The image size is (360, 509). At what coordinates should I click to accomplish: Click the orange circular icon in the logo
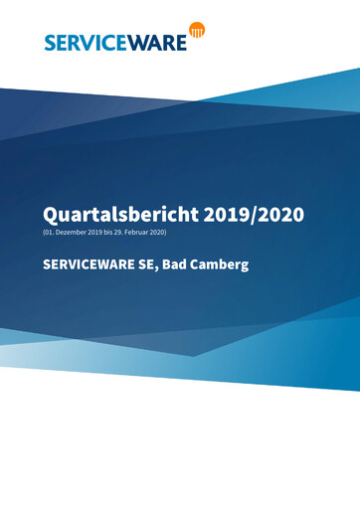[x=198, y=31]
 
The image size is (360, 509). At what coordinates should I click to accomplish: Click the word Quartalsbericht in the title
[x=113, y=214]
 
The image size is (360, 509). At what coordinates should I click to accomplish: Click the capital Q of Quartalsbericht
[x=50, y=214]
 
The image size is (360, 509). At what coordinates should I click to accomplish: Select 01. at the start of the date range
[x=51, y=232]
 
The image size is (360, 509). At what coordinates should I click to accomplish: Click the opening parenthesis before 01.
[x=44, y=232]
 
